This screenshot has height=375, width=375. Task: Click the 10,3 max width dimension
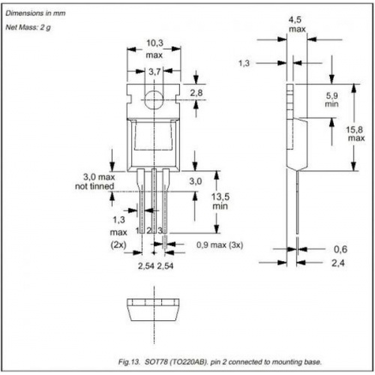[x=154, y=49]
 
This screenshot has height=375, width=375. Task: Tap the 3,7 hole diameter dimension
[x=154, y=72]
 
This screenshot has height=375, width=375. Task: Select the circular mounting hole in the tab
[x=154, y=100]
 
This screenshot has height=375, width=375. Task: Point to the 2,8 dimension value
[x=196, y=93]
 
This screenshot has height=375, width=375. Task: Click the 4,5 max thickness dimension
[x=297, y=24]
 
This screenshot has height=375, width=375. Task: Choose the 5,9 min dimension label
[x=331, y=100]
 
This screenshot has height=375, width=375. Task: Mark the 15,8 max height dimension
[x=355, y=133]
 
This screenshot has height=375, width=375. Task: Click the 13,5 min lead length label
[x=220, y=202]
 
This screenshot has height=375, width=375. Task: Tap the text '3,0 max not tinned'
[x=95, y=181]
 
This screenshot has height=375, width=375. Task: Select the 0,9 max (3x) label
[x=220, y=245]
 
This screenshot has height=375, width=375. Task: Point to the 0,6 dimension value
[x=340, y=249]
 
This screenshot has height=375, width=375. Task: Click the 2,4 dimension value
[x=338, y=263]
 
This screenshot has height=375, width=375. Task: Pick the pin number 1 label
[x=137, y=230]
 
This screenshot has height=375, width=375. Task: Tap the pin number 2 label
[x=148, y=230]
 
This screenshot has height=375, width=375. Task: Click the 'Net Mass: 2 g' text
[x=28, y=27]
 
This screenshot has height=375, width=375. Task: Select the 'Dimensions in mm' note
[x=35, y=13]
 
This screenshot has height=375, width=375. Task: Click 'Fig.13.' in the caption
[x=129, y=361]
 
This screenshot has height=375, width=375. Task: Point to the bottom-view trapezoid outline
[x=154, y=321]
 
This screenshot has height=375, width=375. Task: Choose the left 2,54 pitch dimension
[x=146, y=265]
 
